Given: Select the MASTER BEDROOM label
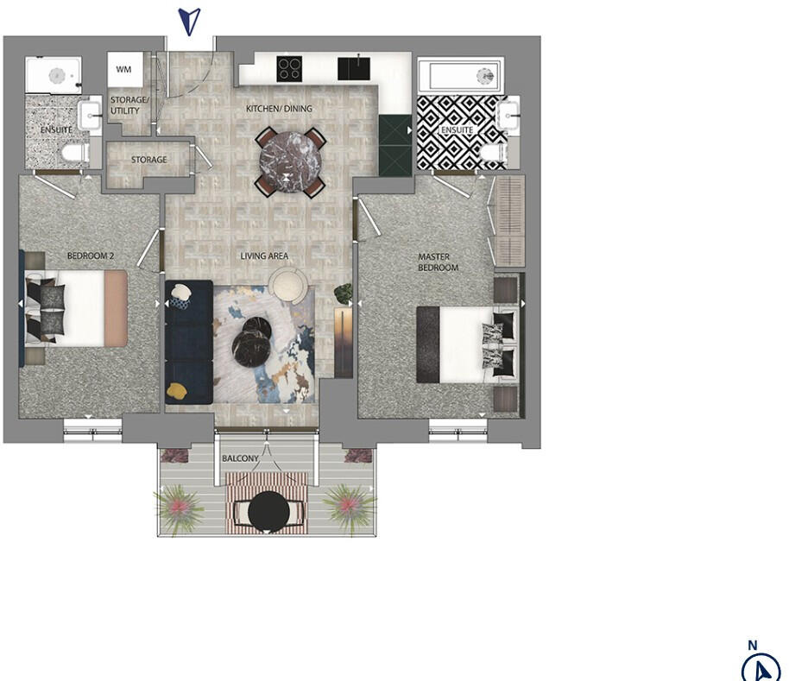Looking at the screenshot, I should click(x=438, y=262).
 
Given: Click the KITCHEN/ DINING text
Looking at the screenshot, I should click(x=279, y=109).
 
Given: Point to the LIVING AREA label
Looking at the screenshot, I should click(x=265, y=256).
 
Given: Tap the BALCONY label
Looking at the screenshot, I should click(x=240, y=458).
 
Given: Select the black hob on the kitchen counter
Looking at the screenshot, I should click(x=291, y=67).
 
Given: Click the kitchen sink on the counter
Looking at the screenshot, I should click(x=351, y=67).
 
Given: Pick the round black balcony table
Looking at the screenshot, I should click(x=269, y=513).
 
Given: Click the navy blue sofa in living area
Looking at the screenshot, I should click(x=188, y=340).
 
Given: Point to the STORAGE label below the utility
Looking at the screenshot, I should click(x=148, y=160).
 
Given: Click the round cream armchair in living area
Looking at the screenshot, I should click(x=286, y=284).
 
